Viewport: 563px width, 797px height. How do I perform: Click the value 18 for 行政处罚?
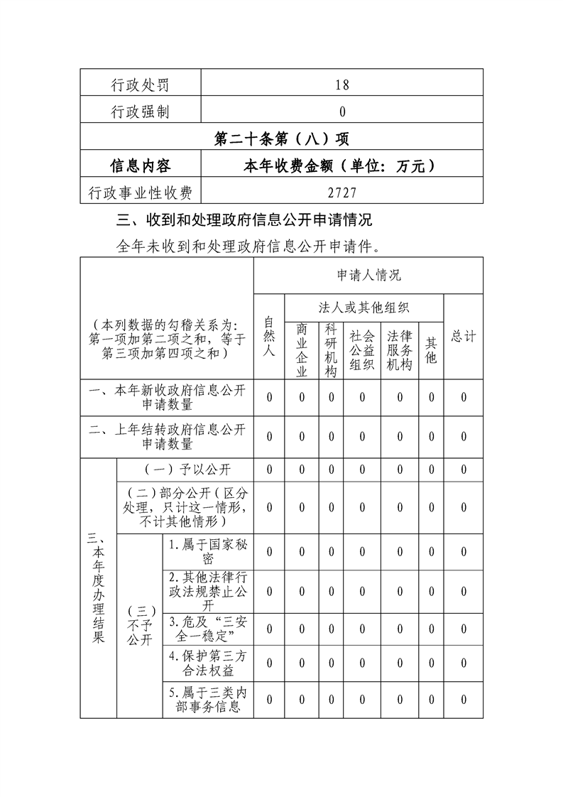(x=342, y=85)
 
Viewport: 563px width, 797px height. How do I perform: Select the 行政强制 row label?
(x=140, y=112)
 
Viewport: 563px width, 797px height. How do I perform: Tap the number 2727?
(x=342, y=193)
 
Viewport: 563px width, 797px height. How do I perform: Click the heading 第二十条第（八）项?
(x=281, y=139)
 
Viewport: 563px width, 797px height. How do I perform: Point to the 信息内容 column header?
(x=140, y=166)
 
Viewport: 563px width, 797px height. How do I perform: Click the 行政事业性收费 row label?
(x=140, y=193)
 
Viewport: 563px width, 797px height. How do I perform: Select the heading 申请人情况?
(x=368, y=275)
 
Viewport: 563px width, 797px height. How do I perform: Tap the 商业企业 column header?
(x=302, y=349)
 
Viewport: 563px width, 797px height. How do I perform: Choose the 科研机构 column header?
(x=331, y=349)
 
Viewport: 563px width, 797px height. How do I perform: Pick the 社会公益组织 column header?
(x=362, y=349)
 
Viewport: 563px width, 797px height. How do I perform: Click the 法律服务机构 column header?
(x=400, y=349)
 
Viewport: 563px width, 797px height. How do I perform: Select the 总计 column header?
(x=464, y=336)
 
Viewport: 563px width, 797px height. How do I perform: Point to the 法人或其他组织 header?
(x=364, y=308)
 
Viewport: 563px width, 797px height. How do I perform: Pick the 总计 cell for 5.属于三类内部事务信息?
(x=464, y=700)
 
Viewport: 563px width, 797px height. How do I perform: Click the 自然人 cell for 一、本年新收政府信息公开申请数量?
(x=269, y=398)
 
